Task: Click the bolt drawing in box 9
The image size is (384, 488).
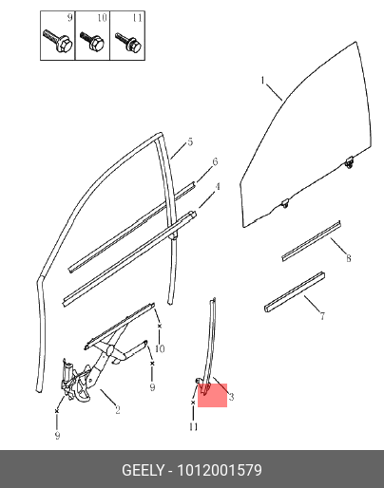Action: pos(57,41)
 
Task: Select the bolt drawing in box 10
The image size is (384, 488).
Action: pos(92,41)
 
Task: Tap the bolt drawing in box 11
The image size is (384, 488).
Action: pos(127,42)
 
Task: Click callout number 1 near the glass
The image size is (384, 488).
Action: pos(262,81)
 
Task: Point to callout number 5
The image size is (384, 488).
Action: pos(190,141)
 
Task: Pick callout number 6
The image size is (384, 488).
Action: pos(215,161)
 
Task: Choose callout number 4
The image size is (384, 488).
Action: pos(218,187)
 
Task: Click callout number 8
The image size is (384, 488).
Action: pos(349,258)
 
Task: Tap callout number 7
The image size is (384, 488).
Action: pos(322,315)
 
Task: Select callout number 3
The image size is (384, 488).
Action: pos(231,397)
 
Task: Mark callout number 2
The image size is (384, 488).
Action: pos(118,410)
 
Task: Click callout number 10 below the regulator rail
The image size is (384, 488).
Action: pos(160,348)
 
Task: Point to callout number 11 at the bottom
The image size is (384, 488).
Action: pos(193,427)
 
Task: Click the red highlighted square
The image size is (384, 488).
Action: pos(213,395)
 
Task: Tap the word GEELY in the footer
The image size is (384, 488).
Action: pos(144,470)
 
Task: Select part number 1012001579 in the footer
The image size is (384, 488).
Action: pos(220,470)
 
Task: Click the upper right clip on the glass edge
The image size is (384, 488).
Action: pos(350,162)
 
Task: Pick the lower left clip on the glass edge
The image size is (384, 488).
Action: pos(285,203)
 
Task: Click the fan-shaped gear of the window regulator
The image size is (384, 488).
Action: pos(83,385)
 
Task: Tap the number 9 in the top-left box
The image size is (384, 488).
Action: pos(70,18)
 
